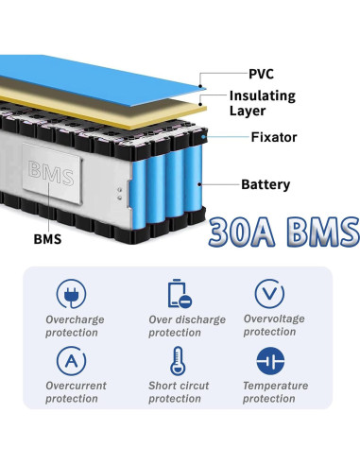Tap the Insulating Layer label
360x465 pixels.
tap(262, 103)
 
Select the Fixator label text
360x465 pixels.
tap(274, 137)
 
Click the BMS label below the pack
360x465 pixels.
tap(46, 238)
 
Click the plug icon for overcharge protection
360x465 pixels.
tap(72, 292)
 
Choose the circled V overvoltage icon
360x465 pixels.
tap(270, 292)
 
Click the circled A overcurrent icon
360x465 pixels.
tap(72, 360)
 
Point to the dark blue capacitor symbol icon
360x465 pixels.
tap(270, 360)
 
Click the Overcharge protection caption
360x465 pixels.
tap(76, 325)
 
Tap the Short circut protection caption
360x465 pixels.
tap(180, 392)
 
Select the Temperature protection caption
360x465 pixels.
tap(275, 392)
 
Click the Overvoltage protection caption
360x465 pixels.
tap(274, 325)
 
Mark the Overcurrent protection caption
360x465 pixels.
tap(77, 392)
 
